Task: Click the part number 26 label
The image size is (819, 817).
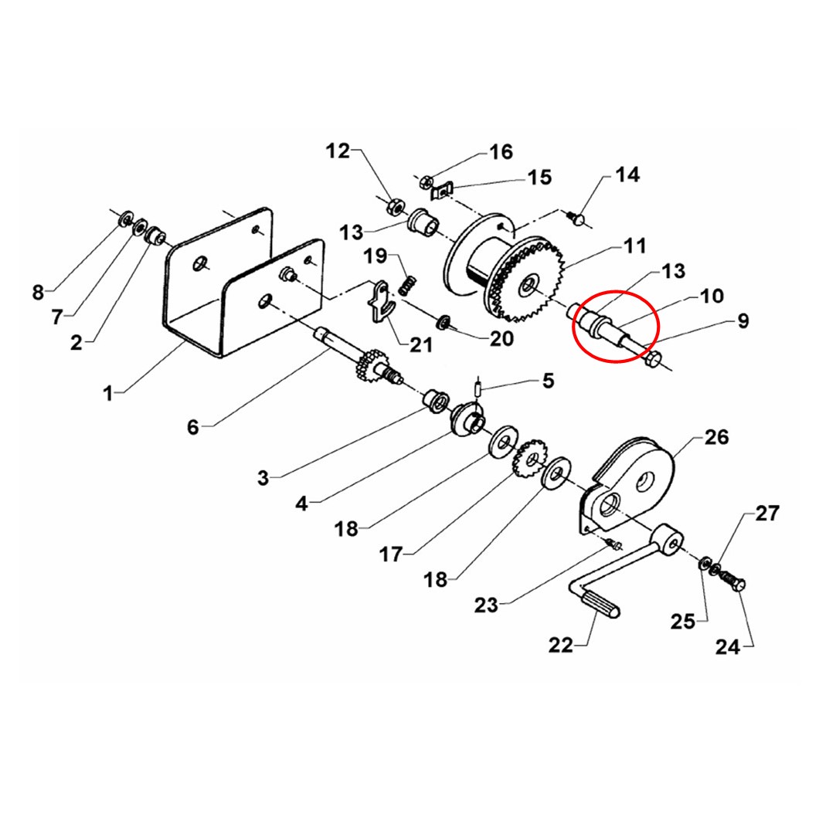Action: tap(716, 437)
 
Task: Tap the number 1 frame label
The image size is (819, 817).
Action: tap(108, 392)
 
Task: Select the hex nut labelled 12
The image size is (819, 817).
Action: tap(394, 206)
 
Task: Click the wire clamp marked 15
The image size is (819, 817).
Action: tap(441, 190)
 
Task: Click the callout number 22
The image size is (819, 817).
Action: tap(560, 646)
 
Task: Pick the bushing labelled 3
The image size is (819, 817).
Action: tap(435, 400)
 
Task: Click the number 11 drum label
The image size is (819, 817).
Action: tap(635, 246)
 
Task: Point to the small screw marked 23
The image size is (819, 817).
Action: tap(613, 544)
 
